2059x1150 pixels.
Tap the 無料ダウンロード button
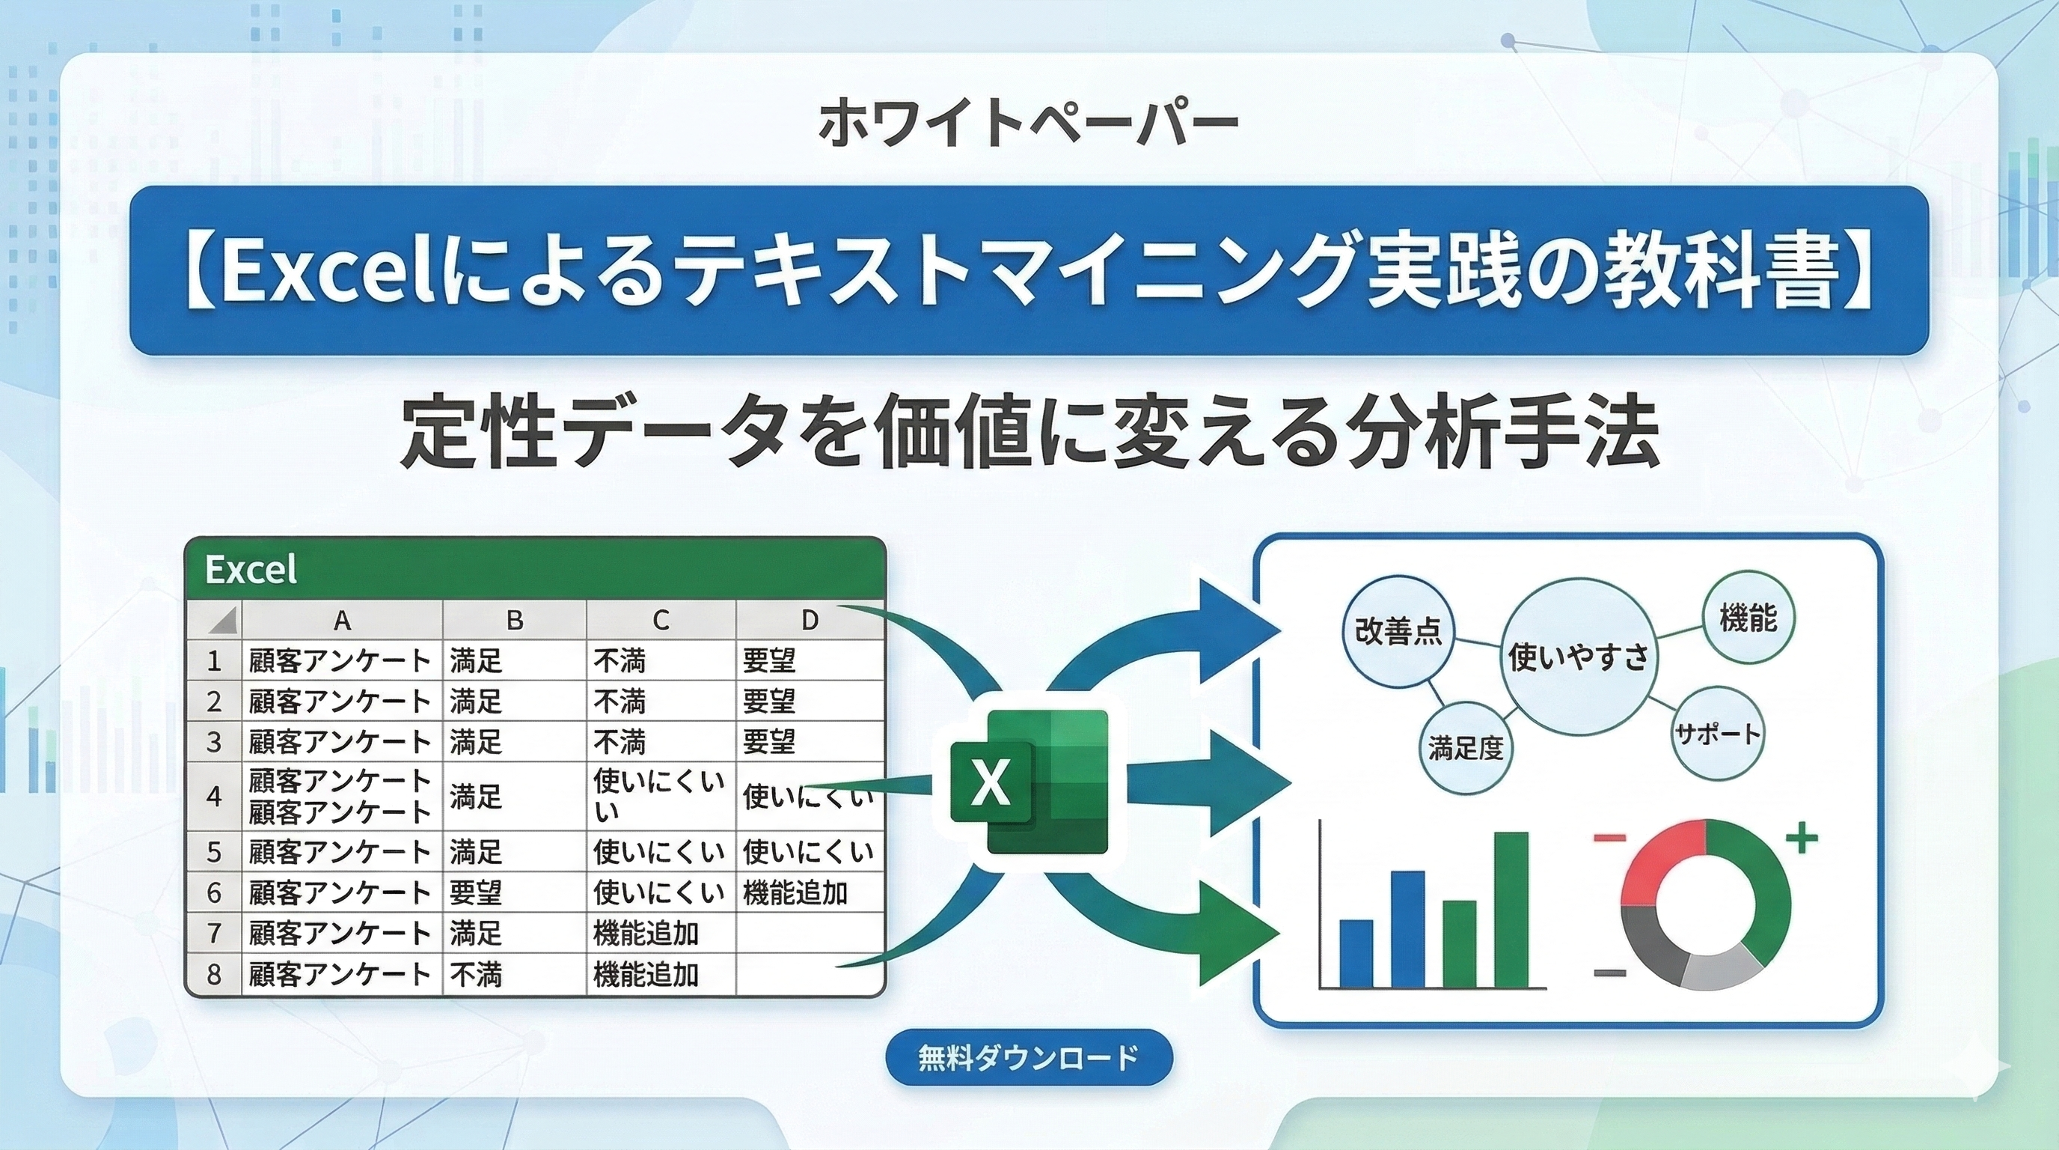tap(1029, 1058)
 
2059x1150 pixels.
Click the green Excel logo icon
tap(1029, 782)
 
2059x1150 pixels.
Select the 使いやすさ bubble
tap(1578, 657)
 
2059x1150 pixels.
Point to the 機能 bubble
tap(1748, 615)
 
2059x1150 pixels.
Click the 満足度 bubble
tap(1466, 749)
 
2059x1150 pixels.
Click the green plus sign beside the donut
tap(1802, 838)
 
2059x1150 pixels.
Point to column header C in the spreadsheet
tap(660, 620)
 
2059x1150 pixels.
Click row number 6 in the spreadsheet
tap(213, 892)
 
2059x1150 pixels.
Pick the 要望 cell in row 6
tap(476, 892)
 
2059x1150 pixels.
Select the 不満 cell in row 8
tap(476, 974)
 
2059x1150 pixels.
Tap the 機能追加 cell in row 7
tap(646, 934)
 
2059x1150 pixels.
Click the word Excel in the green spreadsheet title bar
tap(251, 570)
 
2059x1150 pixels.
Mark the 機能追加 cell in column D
tap(795, 892)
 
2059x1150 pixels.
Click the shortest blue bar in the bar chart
tap(1356, 953)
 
